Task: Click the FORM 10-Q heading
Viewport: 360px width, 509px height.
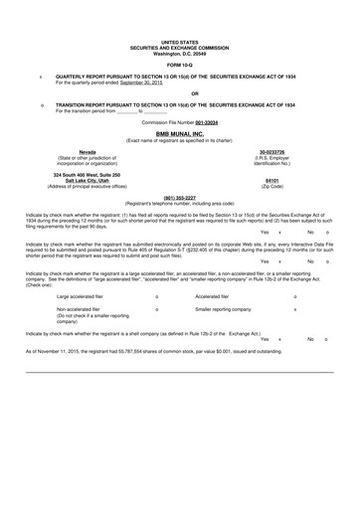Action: (x=179, y=64)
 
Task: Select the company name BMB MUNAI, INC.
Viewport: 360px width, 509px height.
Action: (x=179, y=131)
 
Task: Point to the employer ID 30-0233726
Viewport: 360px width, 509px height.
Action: (x=270, y=151)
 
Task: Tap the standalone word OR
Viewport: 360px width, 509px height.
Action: (x=180, y=94)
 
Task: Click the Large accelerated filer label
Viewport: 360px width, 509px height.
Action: (x=87, y=296)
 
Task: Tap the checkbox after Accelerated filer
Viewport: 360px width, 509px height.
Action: (x=295, y=296)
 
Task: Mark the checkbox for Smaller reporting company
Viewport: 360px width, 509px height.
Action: (x=295, y=309)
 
